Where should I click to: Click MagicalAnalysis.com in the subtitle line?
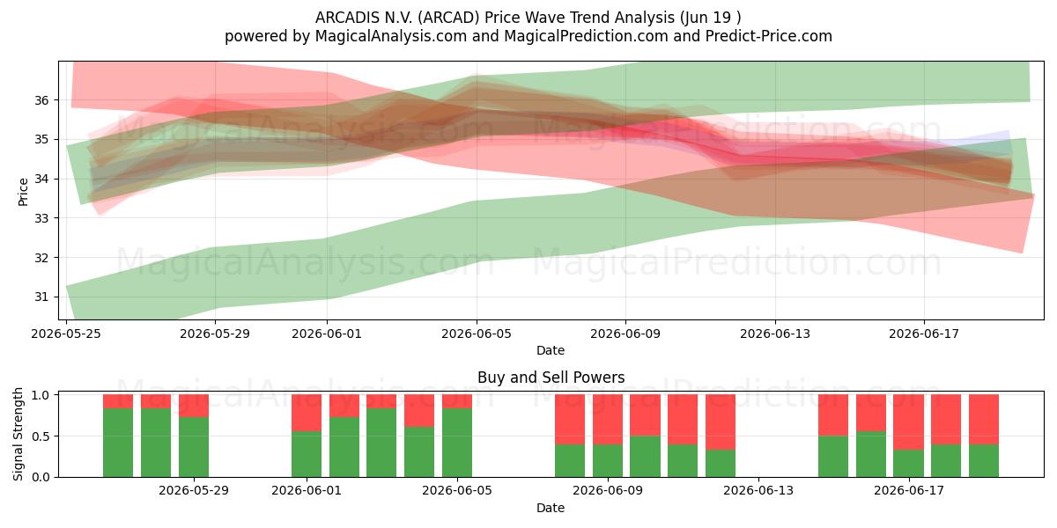391,36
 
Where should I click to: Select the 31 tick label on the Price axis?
41,297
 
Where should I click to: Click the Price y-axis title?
23,192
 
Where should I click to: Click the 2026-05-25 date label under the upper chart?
66,334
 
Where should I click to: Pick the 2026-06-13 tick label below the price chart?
775,334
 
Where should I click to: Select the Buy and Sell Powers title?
551,378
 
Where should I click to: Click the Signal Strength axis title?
18,434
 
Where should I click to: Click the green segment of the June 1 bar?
307,454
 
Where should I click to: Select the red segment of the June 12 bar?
721,422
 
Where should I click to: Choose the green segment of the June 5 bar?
457,443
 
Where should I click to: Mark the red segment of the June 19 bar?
984,420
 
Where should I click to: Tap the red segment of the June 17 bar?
908,422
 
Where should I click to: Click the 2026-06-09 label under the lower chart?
608,491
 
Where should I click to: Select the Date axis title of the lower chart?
551,508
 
